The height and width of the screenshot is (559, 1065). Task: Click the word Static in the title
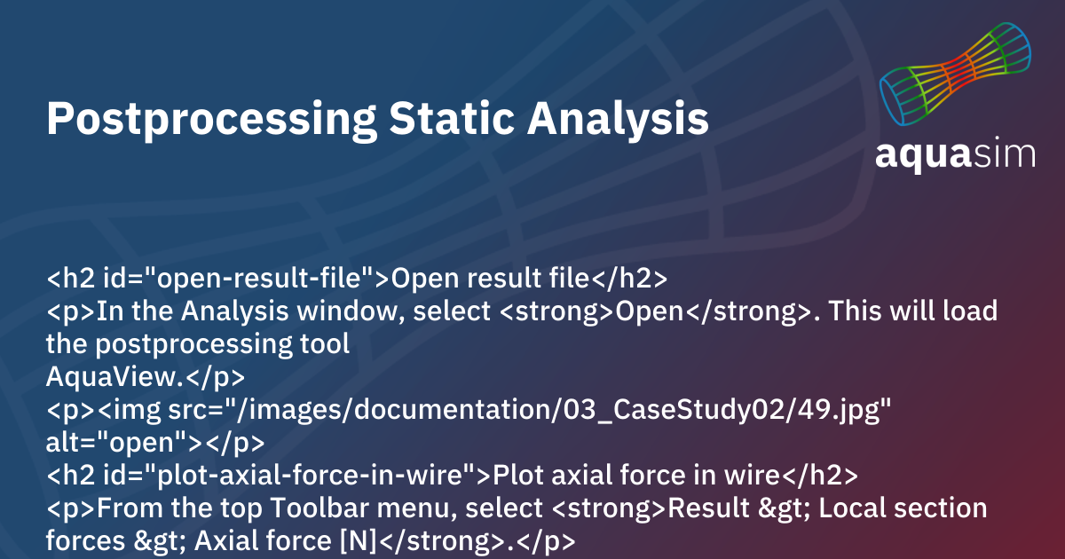452,118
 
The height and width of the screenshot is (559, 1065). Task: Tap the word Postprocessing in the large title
211,121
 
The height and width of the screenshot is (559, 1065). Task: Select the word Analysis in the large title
618,121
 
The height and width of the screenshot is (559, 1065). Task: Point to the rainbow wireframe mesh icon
955,74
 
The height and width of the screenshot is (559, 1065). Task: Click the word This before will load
855,311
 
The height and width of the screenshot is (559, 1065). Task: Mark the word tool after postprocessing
325,344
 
